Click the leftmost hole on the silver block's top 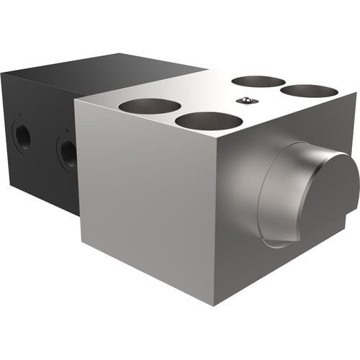pyautogui.click(x=150, y=106)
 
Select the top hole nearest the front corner pyautogui.click(x=208, y=121)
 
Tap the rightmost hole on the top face pyautogui.click(x=309, y=91)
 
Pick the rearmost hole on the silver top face pyautogui.click(x=258, y=81)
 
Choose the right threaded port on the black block pyautogui.click(x=68, y=151)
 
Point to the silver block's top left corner pyautogui.click(x=75, y=100)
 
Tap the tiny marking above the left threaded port pyautogui.click(x=22, y=114)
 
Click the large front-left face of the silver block pyautogui.click(x=144, y=202)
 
